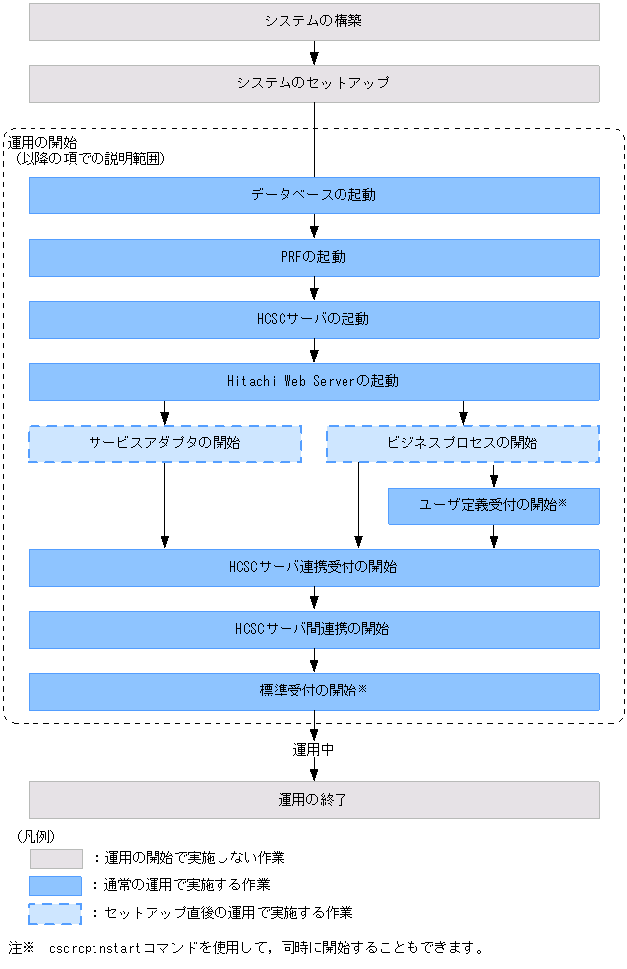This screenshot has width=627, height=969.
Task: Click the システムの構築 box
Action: [x=314, y=23]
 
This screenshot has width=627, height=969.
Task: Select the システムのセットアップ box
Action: [x=314, y=84]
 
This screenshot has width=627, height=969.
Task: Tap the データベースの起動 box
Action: [x=314, y=196]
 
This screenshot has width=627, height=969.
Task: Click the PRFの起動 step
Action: [x=314, y=258]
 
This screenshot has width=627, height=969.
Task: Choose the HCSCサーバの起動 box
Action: [x=314, y=320]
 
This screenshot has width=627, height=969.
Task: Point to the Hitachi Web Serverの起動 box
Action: [x=314, y=382]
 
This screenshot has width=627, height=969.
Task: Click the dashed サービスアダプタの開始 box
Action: [x=165, y=444]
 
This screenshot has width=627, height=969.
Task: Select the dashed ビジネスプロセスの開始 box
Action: [x=464, y=444]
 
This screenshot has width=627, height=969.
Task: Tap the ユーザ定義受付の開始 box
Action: [x=494, y=506]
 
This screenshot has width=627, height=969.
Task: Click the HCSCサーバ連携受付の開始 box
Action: [x=314, y=568]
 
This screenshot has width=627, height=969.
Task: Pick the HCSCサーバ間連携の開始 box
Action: [x=314, y=630]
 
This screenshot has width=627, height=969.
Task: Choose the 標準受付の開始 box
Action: [x=314, y=692]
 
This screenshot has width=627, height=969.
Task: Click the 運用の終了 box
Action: [x=314, y=801]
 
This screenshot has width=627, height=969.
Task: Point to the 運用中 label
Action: [x=313, y=749]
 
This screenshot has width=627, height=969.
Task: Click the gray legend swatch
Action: [x=56, y=859]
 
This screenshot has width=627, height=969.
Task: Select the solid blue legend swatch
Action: [x=56, y=885]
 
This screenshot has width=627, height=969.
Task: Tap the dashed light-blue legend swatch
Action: [x=55, y=913]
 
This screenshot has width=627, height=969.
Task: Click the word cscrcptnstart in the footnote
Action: [x=95, y=948]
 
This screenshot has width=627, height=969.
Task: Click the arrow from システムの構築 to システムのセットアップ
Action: [x=314, y=53]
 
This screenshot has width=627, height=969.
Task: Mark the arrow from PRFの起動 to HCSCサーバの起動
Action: [x=314, y=289]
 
